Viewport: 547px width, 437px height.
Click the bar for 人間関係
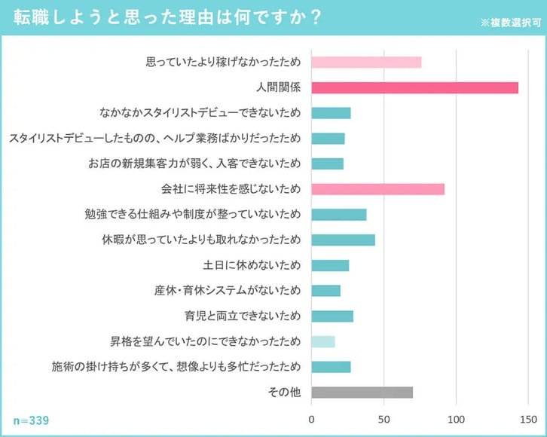[x=414, y=87]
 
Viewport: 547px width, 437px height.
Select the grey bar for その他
[x=362, y=392]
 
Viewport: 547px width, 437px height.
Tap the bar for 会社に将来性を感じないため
[x=377, y=189]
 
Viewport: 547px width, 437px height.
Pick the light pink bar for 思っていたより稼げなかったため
[x=366, y=63]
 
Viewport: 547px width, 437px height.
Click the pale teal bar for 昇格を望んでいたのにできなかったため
[x=322, y=341]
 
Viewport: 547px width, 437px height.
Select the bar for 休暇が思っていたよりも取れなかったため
[x=343, y=240]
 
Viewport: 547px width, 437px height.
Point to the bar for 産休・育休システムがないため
[x=325, y=291]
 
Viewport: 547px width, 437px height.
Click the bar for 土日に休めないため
[x=330, y=265]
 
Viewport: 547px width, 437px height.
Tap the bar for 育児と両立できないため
[x=332, y=316]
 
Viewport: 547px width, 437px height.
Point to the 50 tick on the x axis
[x=384, y=419]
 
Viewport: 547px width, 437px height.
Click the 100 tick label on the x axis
[x=457, y=419]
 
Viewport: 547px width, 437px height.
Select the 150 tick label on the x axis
[x=529, y=419]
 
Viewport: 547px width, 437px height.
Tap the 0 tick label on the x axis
[x=311, y=419]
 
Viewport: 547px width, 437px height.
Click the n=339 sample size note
[x=31, y=420]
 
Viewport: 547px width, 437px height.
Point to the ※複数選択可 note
[x=510, y=23]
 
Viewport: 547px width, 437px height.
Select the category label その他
[x=284, y=392]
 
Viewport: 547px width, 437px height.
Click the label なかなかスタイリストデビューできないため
[x=200, y=113]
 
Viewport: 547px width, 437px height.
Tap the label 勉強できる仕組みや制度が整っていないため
[x=193, y=215]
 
